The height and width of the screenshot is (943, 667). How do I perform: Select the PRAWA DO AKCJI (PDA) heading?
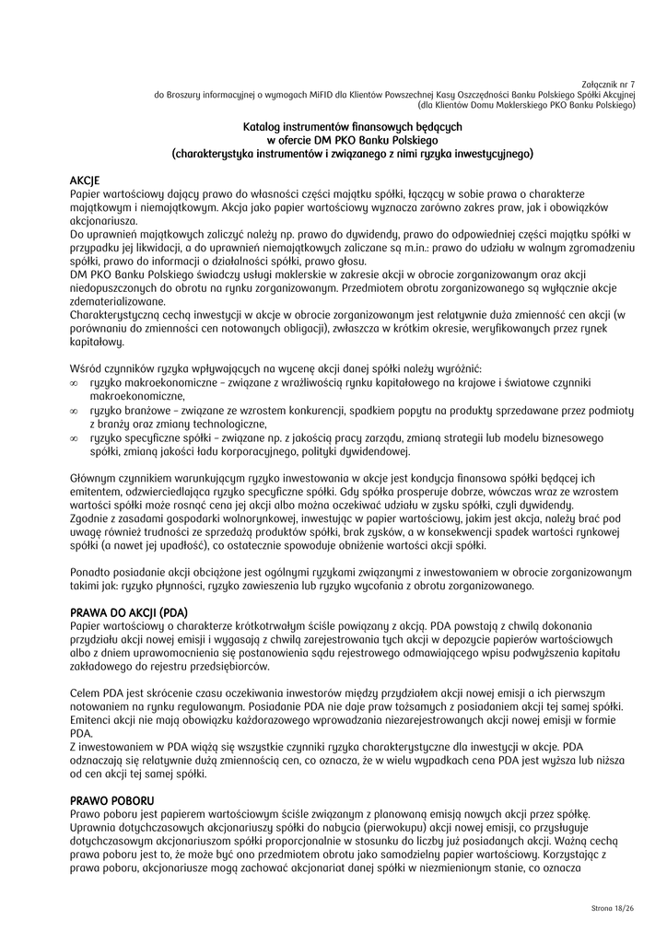(129, 612)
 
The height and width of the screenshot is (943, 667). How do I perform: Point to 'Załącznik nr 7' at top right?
(610, 83)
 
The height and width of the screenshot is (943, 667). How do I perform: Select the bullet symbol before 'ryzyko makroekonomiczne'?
(74, 381)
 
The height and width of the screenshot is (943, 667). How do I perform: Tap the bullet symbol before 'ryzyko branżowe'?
(74, 410)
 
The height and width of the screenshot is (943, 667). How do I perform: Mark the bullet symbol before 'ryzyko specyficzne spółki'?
(74, 438)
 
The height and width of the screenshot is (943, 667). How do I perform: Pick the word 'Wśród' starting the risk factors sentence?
(86, 367)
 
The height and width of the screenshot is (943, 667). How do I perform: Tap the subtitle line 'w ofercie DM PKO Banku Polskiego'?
(352, 139)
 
